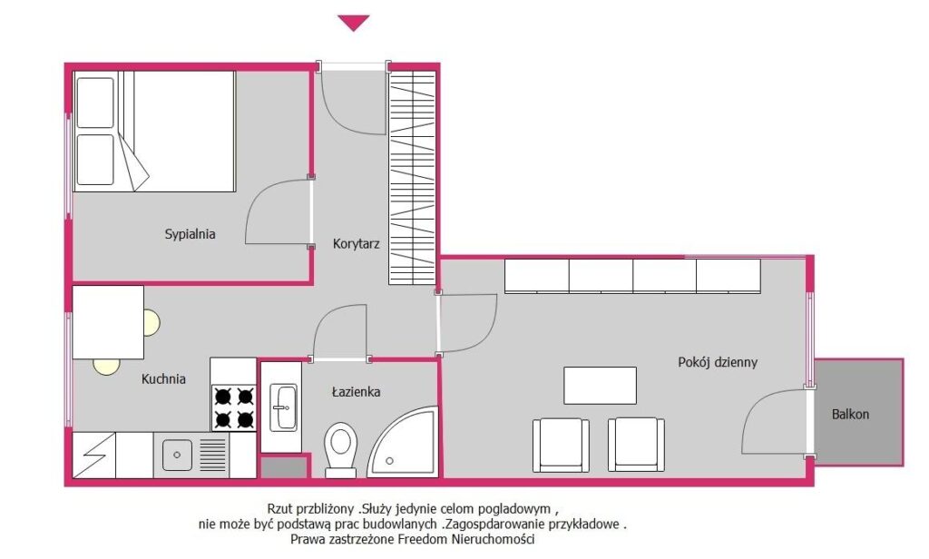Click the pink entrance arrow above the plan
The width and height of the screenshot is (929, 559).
click(x=354, y=23)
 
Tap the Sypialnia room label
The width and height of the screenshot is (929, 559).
click(x=190, y=234)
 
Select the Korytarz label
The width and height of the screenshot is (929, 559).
click(x=356, y=243)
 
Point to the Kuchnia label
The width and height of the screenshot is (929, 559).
click(x=163, y=378)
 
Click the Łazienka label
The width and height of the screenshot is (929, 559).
click(x=356, y=391)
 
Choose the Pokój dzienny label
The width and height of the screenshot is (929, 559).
click(x=718, y=362)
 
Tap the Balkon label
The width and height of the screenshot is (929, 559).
click(x=850, y=415)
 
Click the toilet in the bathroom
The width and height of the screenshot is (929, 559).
click(x=341, y=449)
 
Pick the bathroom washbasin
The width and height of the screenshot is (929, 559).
click(x=284, y=407)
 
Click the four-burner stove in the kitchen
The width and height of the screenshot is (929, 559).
click(x=234, y=407)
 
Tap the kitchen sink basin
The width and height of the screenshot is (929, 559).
click(x=177, y=455)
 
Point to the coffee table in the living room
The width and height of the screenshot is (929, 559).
click(x=601, y=386)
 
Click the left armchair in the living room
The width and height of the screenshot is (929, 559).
click(x=561, y=445)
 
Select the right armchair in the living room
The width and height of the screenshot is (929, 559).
click(x=636, y=445)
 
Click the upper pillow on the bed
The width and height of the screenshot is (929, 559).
click(x=94, y=103)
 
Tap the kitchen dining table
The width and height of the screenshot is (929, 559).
click(x=108, y=322)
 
